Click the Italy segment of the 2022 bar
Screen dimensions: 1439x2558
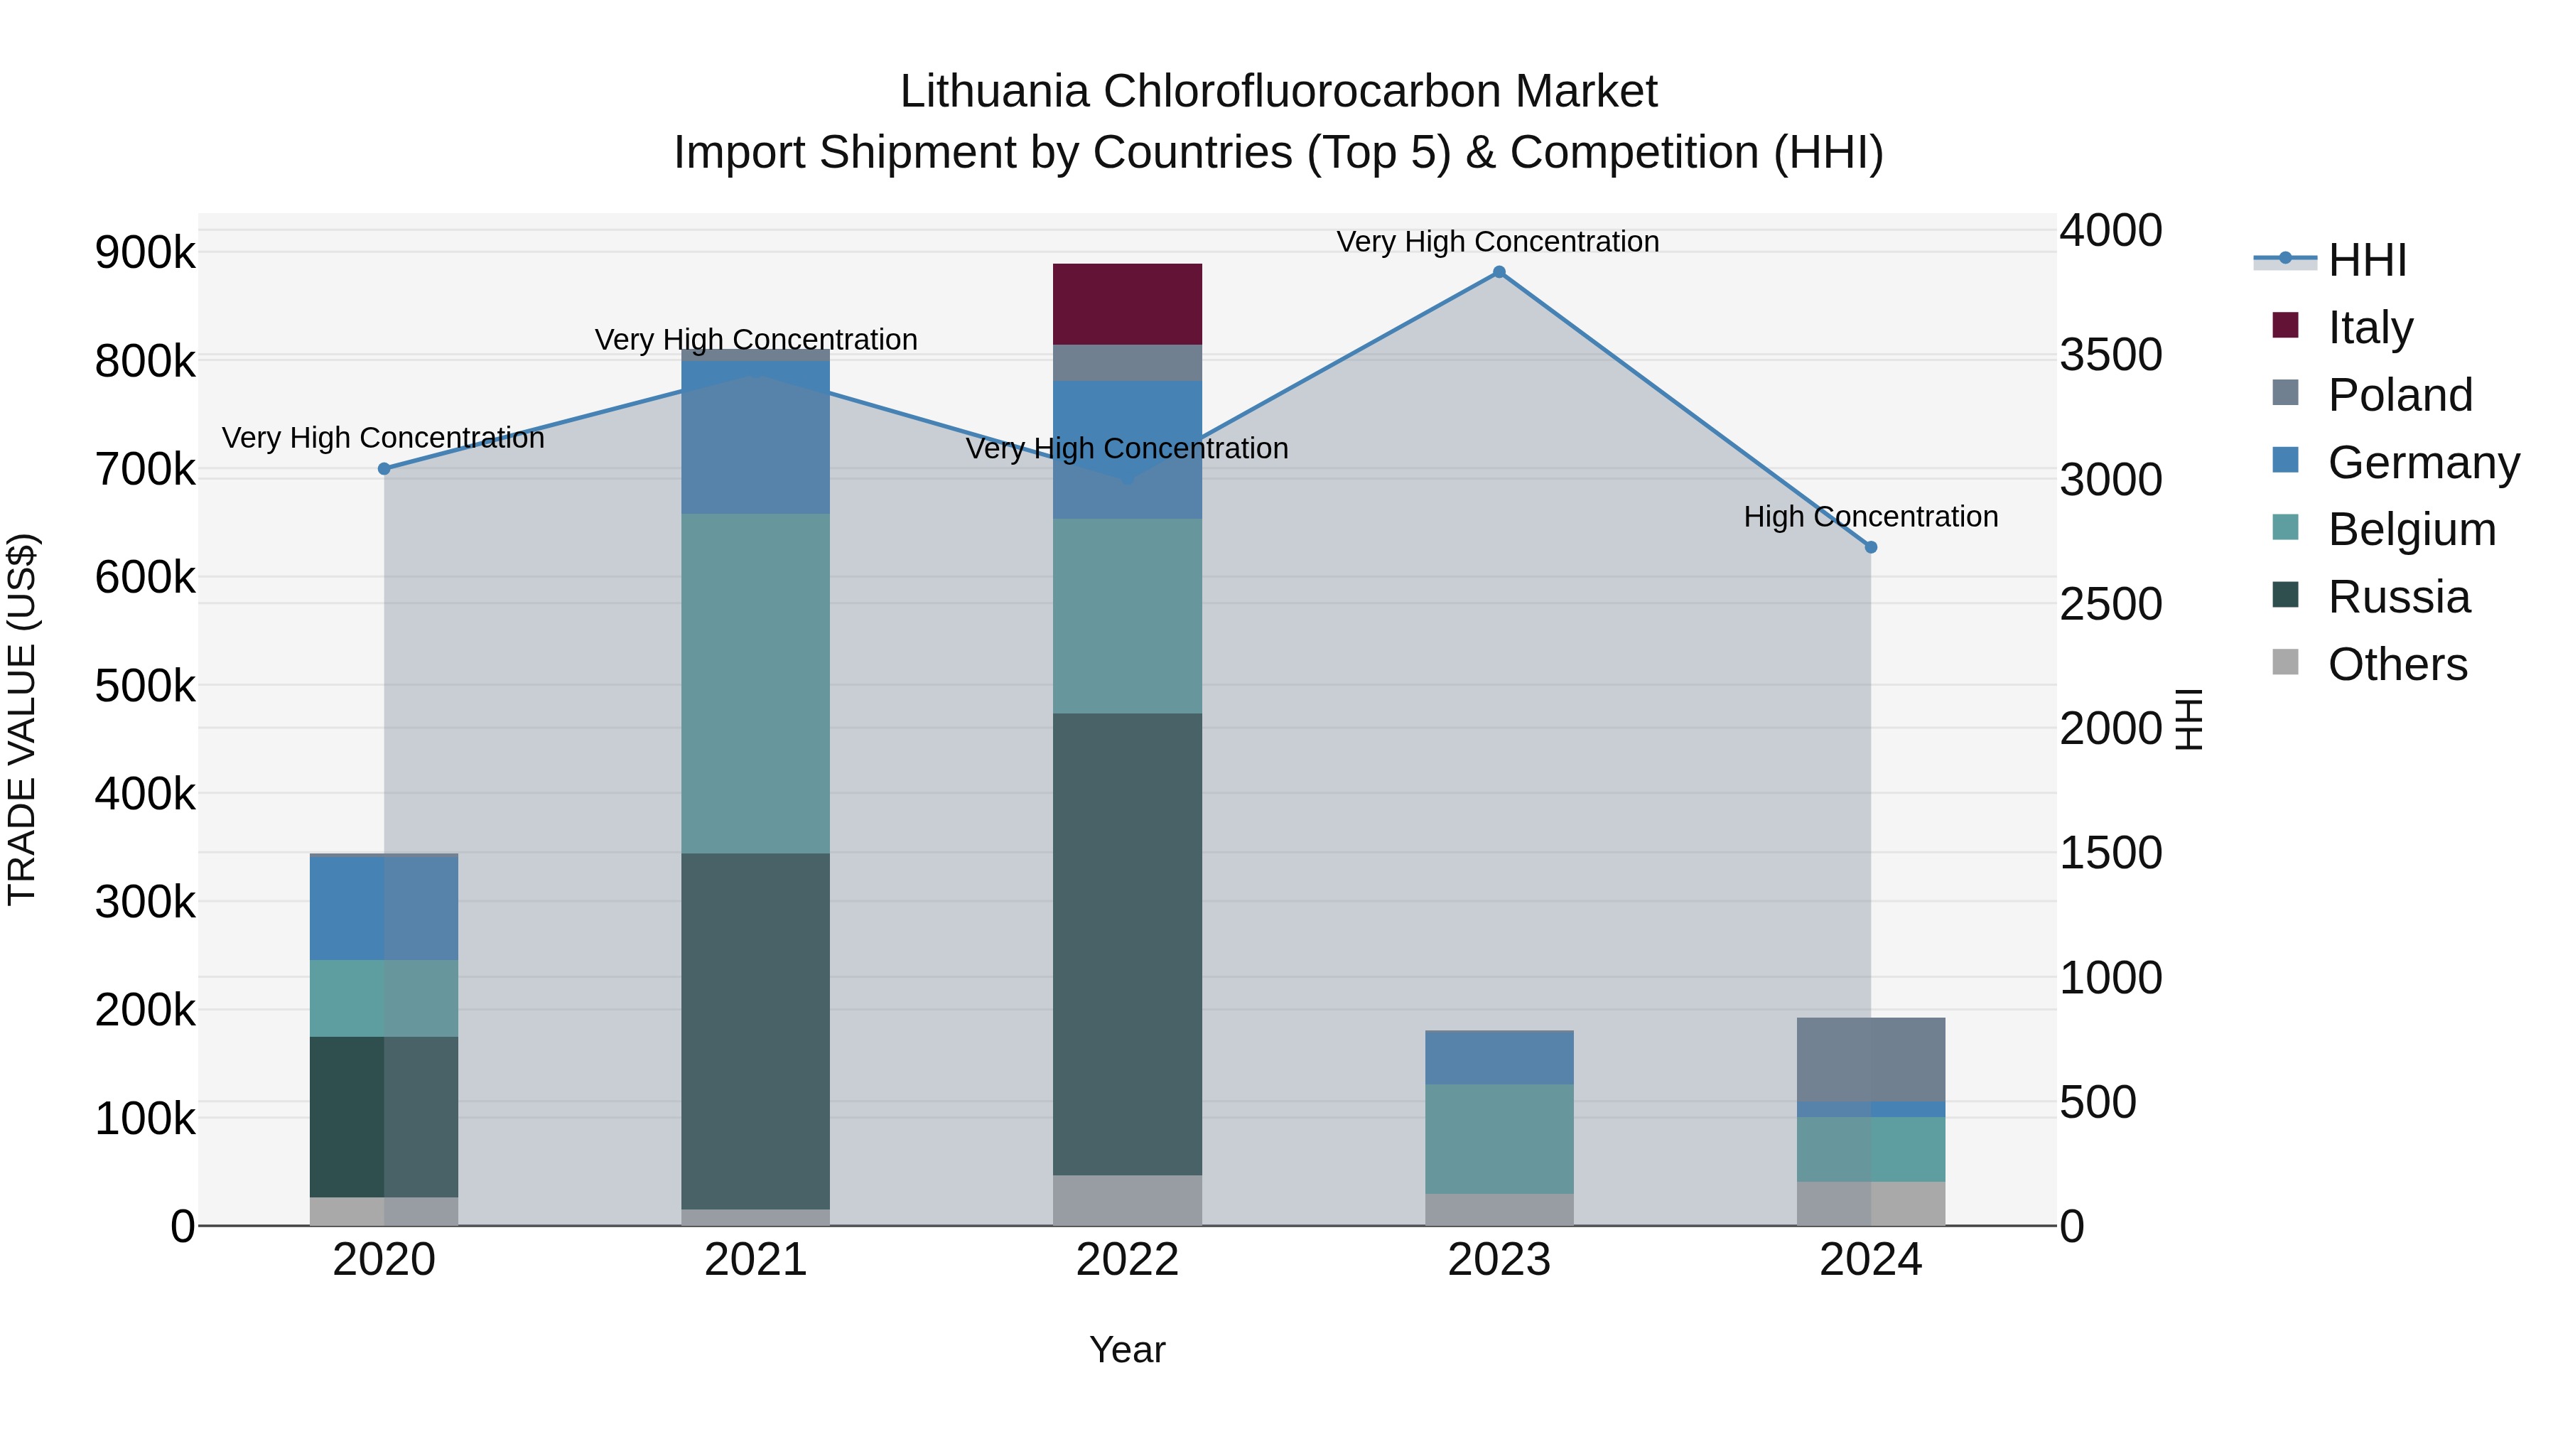[x=1127, y=304]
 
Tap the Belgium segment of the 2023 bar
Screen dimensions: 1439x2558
[x=1499, y=1138]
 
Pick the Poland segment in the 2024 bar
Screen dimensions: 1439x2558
[x=1870, y=1059]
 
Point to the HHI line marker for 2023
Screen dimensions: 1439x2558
[x=1499, y=272]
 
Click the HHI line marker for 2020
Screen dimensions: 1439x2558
[x=384, y=469]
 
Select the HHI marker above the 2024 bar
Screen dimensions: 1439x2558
[x=1871, y=547]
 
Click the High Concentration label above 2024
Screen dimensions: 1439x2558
[x=1870, y=517]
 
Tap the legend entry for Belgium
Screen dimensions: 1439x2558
[x=2411, y=529]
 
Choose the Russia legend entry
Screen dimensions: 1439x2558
[x=2398, y=597]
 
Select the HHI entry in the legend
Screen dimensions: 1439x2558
[x=2366, y=260]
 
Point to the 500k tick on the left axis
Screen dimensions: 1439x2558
[x=145, y=685]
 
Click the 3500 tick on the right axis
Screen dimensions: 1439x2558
[x=2110, y=355]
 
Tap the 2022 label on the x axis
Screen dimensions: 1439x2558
[x=1127, y=1260]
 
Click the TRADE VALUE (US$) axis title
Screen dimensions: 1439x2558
[x=22, y=719]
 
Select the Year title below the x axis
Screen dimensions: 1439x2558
[x=1127, y=1349]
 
